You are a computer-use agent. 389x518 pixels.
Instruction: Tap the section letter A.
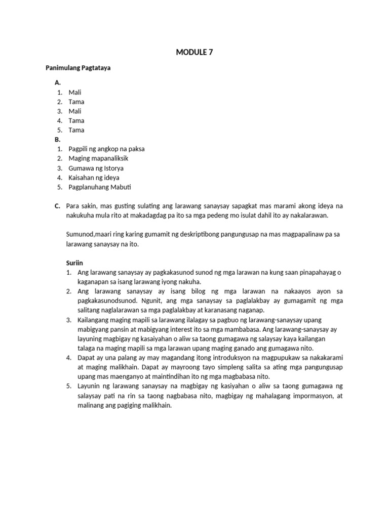pos(57,82)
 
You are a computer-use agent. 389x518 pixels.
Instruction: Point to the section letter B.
pos(57,139)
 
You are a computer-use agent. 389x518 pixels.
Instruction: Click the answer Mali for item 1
pos(75,92)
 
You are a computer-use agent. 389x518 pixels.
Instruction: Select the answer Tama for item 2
pos(76,102)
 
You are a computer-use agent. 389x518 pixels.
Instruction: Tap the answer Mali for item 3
pos(75,111)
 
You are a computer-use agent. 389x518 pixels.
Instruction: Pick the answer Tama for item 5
pos(76,130)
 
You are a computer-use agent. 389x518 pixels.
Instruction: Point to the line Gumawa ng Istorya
pos(96,168)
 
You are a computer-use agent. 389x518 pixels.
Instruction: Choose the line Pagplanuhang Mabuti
pos(99,187)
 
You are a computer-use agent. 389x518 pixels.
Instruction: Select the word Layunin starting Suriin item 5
pos(89,387)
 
